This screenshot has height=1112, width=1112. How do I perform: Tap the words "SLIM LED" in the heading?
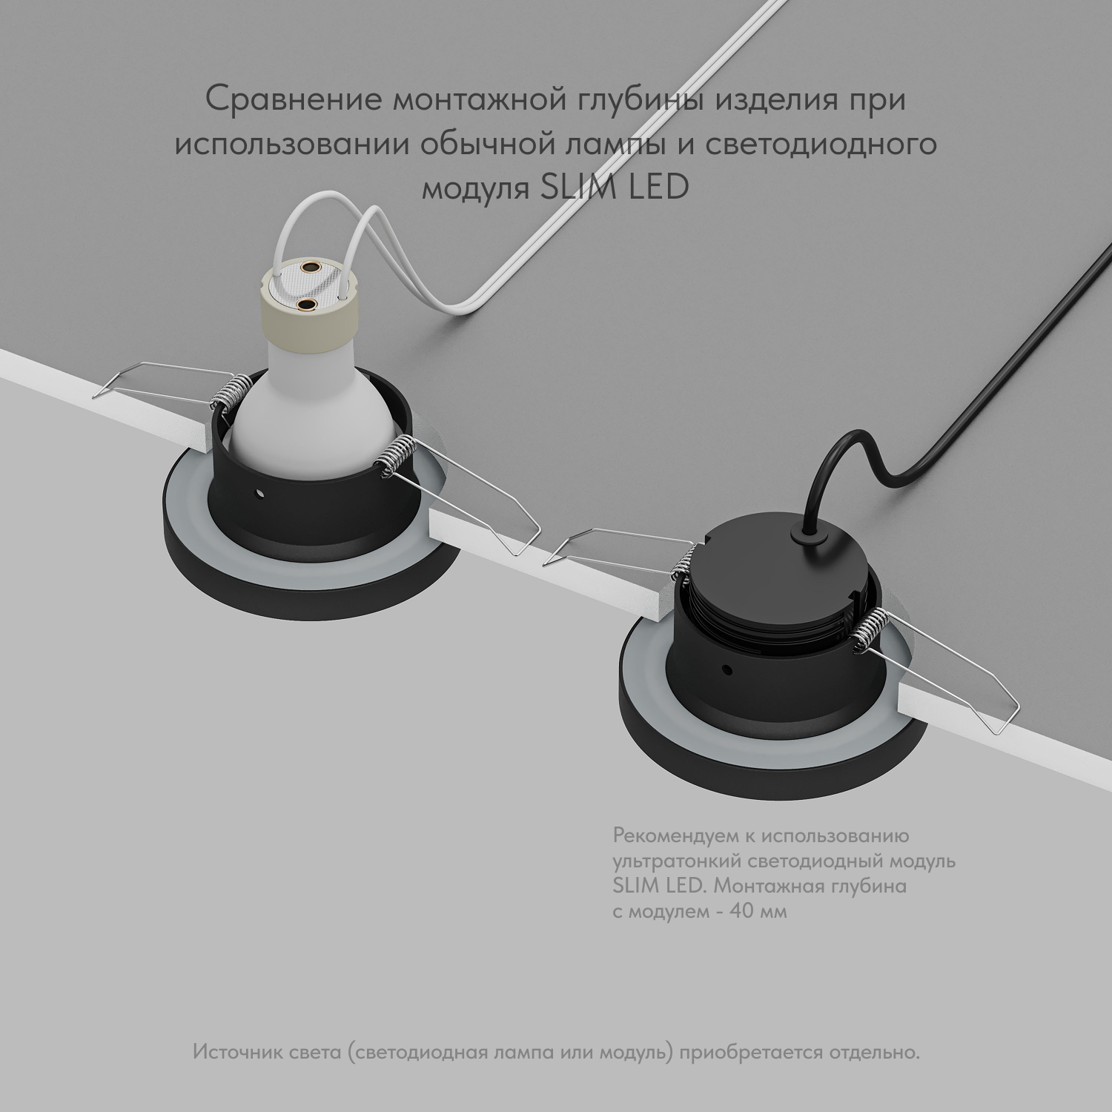(x=615, y=188)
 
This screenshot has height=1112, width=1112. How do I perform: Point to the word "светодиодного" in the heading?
(x=820, y=144)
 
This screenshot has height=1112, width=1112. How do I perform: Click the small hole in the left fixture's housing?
(x=261, y=494)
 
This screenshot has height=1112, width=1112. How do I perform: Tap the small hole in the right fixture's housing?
(x=727, y=670)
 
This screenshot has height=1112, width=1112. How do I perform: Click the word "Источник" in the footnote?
(x=231, y=1053)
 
